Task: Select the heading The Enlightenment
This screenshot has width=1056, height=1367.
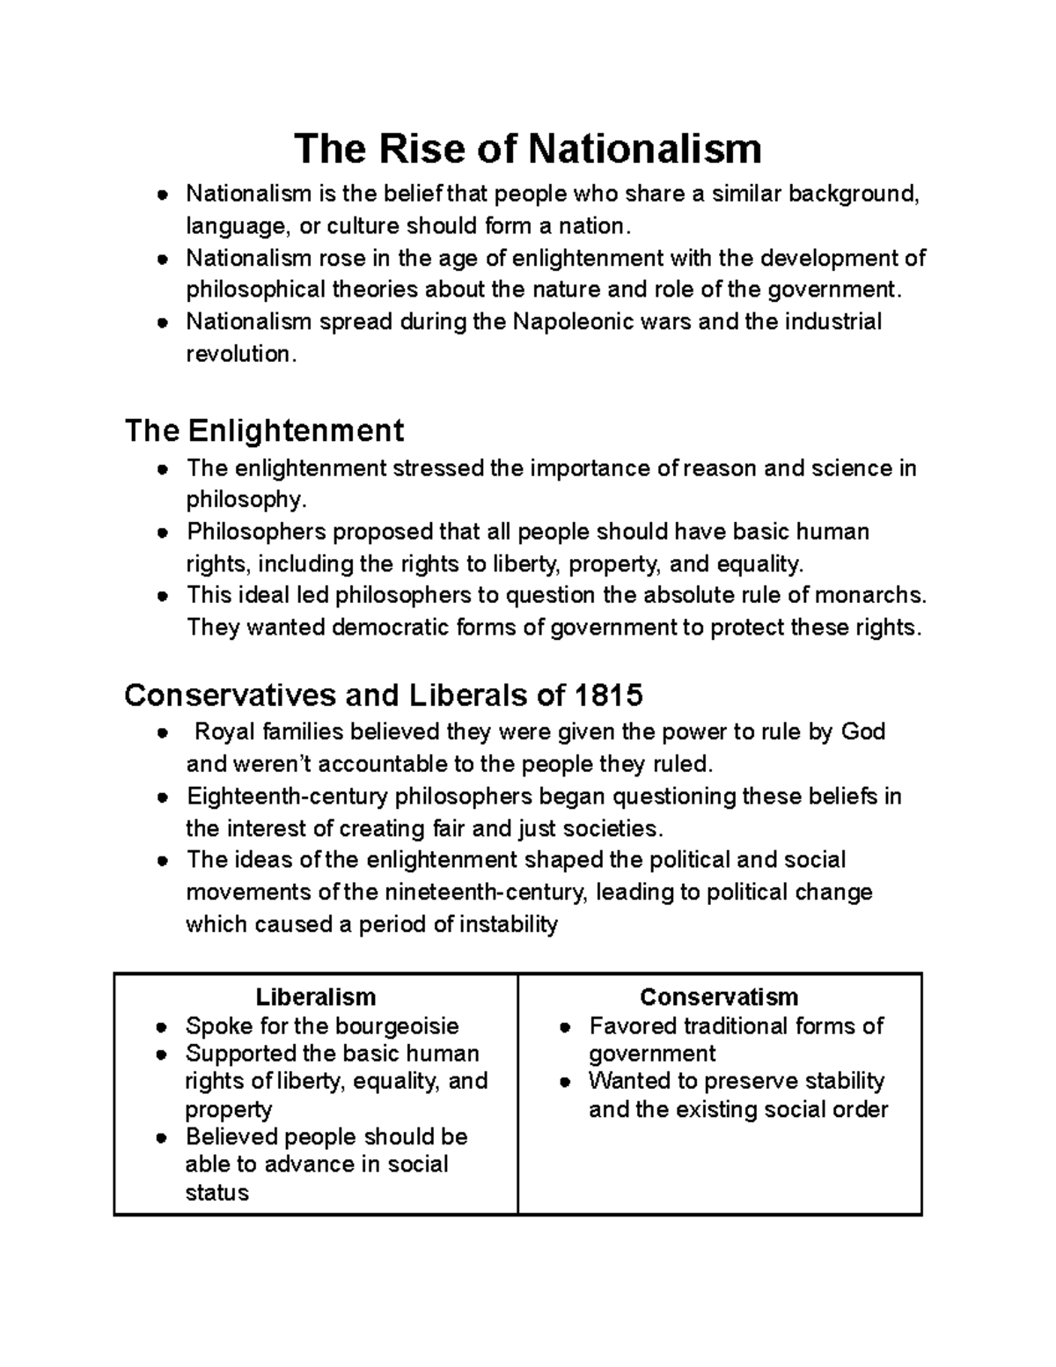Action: pyautogui.click(x=264, y=430)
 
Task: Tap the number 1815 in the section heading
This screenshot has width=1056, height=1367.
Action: pyautogui.click(x=608, y=695)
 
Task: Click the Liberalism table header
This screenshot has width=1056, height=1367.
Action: pyautogui.click(x=315, y=996)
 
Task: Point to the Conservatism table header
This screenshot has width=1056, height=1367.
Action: pyautogui.click(x=719, y=996)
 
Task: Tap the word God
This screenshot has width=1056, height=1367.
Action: pyautogui.click(x=862, y=731)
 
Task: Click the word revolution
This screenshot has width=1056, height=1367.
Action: pyautogui.click(x=237, y=354)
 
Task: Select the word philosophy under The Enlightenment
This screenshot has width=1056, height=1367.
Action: pyautogui.click(x=246, y=500)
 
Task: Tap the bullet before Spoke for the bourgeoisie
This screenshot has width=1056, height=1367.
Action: pyautogui.click(x=161, y=1027)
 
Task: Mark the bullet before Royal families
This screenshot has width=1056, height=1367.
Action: pyautogui.click(x=161, y=733)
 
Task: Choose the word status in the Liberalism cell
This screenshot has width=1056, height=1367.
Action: pyautogui.click(x=216, y=1193)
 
